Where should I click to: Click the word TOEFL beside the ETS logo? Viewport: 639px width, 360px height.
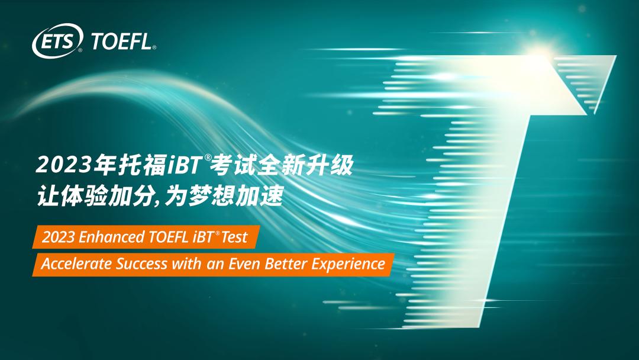pos(123,41)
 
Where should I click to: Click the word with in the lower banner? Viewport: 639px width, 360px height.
pos(184,263)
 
